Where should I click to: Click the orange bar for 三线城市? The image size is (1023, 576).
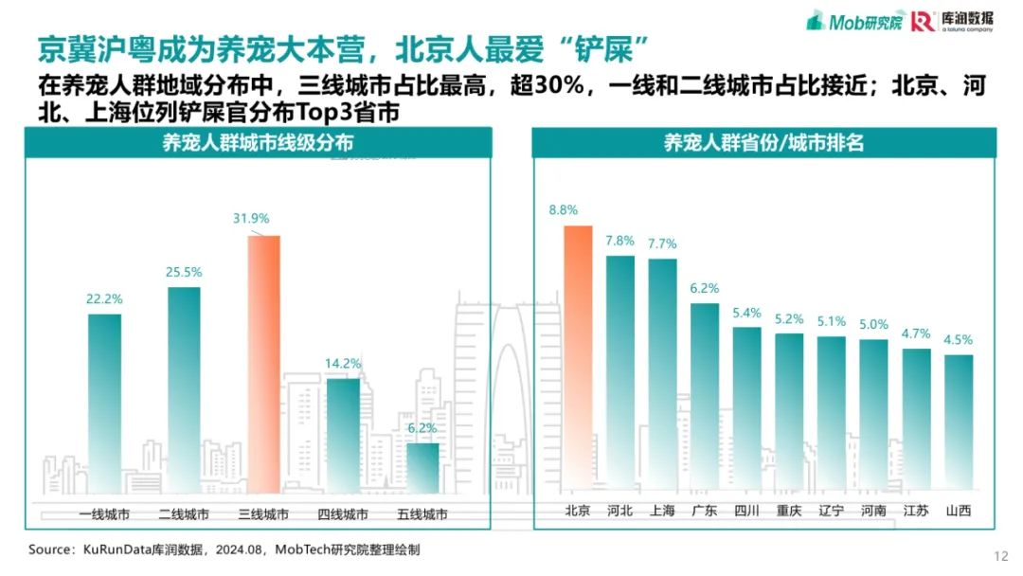tap(263, 364)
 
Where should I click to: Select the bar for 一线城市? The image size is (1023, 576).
tap(104, 404)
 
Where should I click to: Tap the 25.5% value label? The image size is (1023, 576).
tap(184, 272)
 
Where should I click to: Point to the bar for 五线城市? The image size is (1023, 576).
tap(422, 468)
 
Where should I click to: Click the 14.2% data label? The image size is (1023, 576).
tap(343, 364)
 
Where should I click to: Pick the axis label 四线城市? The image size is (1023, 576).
tap(343, 514)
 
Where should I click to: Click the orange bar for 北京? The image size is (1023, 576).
tap(578, 357)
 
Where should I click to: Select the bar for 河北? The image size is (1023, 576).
tap(620, 372)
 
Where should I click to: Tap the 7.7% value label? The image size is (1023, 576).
tap(662, 244)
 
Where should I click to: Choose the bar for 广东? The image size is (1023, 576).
tap(705, 396)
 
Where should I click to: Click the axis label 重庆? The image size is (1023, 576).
tap(789, 510)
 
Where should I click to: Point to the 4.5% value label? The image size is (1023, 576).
tap(959, 340)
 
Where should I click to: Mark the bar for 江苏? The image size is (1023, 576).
tap(917, 419)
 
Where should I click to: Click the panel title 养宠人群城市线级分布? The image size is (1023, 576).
tap(258, 142)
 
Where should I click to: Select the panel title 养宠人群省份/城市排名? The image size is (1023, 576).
tap(764, 142)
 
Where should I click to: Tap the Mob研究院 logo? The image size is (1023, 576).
tap(854, 21)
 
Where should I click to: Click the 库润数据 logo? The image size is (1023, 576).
tap(953, 21)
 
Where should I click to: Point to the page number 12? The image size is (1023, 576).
tap(1001, 556)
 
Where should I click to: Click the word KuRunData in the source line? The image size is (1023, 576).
tap(117, 549)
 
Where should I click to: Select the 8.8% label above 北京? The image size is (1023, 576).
tap(563, 210)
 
